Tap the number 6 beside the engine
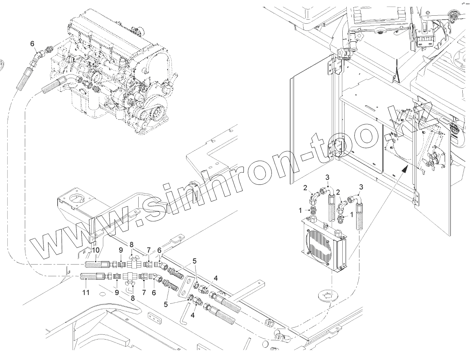(32, 44)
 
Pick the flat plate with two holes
(184, 287)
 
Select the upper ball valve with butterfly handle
(132, 263)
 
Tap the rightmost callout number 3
(361, 187)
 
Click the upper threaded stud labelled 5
(177, 272)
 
